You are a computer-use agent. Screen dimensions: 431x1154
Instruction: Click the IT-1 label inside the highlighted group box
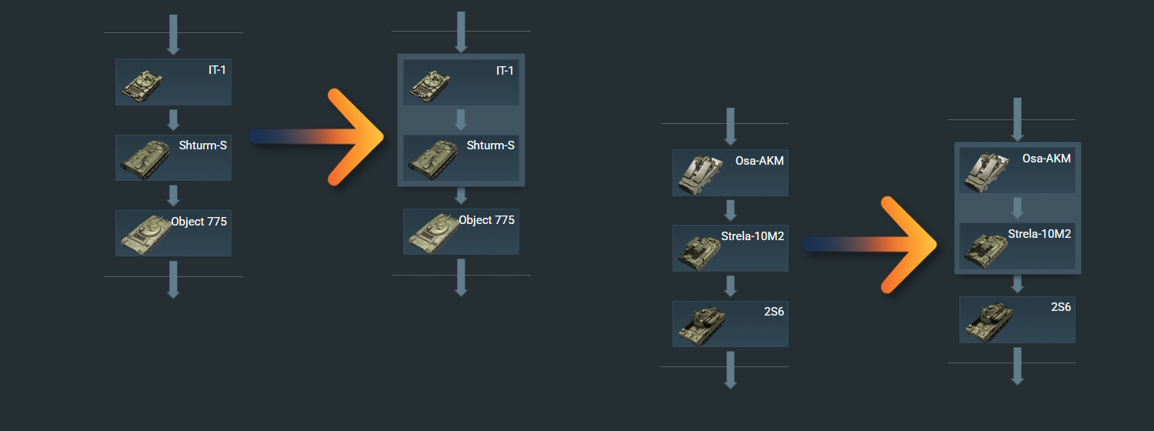(504, 71)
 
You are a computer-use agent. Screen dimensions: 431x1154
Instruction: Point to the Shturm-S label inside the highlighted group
(490, 145)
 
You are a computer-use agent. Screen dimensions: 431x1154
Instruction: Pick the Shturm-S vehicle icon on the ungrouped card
(145, 159)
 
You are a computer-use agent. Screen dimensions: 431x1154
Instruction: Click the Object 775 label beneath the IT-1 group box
(486, 220)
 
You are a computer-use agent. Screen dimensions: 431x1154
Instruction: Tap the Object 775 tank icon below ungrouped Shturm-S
(145, 235)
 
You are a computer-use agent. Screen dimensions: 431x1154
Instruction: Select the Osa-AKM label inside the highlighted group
(1046, 159)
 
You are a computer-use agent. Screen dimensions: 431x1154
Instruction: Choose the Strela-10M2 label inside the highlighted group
(1039, 234)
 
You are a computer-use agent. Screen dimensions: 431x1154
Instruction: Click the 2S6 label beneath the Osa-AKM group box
(1061, 307)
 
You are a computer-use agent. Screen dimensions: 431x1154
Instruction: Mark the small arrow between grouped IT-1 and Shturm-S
(461, 120)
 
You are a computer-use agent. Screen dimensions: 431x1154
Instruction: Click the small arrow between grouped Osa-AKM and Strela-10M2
(1017, 208)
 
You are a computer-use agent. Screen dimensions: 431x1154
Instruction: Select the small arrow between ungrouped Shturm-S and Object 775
(173, 195)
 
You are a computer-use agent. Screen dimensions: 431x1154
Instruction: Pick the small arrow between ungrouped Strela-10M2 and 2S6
(731, 286)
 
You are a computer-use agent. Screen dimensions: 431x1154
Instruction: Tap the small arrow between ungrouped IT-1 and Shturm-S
(173, 120)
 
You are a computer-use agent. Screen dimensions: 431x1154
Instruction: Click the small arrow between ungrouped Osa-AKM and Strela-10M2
(731, 210)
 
